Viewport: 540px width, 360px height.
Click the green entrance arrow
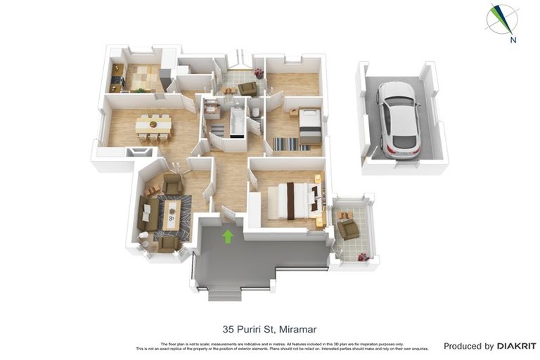point(228,236)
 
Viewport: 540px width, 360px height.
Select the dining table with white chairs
point(153,125)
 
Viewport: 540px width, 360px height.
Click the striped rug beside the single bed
point(286,143)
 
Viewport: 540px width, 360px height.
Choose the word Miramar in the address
point(298,328)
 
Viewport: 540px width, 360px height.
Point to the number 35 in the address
point(228,328)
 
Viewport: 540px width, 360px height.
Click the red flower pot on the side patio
point(363,258)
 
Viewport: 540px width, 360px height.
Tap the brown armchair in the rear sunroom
point(247,88)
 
